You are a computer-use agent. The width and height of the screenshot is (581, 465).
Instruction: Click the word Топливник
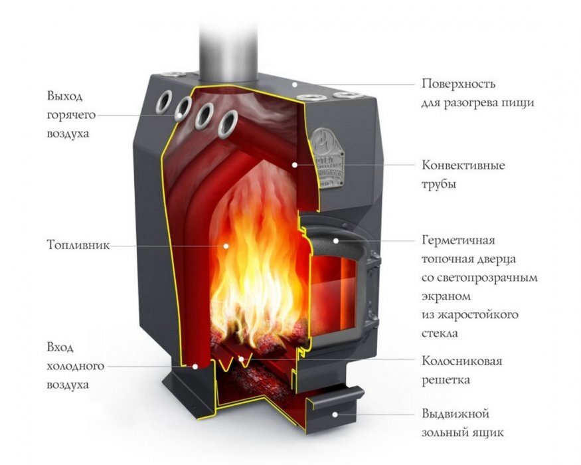click(x=78, y=245)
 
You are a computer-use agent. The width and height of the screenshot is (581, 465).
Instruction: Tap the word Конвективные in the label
click(x=463, y=165)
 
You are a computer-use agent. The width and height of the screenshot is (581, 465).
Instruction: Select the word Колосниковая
click(x=461, y=361)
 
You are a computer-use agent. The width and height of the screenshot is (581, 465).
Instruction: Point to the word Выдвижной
click(x=456, y=413)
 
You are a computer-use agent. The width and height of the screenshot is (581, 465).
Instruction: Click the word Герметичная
click(x=458, y=240)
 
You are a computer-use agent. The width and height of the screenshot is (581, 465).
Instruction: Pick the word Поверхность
click(x=458, y=84)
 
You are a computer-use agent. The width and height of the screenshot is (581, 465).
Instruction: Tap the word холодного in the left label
click(x=75, y=367)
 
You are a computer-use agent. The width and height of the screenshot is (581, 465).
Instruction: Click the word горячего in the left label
click(x=71, y=116)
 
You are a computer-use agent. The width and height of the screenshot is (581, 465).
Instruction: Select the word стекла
click(x=440, y=333)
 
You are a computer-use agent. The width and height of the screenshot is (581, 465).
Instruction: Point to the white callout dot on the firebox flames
click(x=226, y=246)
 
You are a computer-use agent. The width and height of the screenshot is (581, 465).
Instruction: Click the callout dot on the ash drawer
click(x=335, y=415)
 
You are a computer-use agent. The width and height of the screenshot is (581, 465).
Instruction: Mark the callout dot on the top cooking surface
click(x=295, y=84)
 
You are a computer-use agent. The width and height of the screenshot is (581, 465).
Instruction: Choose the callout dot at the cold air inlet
click(x=195, y=367)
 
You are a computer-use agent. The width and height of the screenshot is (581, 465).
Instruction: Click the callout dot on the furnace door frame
click(x=336, y=240)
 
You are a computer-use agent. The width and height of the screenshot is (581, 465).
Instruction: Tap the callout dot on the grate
click(x=240, y=359)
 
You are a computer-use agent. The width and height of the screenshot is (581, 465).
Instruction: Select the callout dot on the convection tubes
click(x=295, y=165)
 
